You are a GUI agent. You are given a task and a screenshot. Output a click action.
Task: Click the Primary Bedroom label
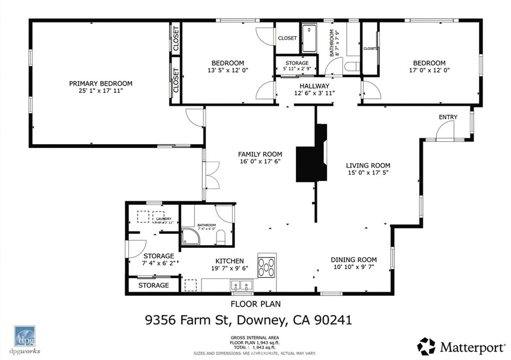tap(100, 83)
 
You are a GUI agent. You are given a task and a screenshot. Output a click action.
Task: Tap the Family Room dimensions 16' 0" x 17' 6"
tap(259, 163)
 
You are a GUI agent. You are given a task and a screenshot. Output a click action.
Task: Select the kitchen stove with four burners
tap(267, 265)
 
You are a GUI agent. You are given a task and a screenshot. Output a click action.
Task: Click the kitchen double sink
tap(242, 286)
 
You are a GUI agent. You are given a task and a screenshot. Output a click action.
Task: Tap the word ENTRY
tap(448, 117)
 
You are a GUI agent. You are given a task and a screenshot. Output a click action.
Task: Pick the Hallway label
tap(314, 86)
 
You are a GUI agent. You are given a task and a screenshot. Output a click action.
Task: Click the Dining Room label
tap(354, 260)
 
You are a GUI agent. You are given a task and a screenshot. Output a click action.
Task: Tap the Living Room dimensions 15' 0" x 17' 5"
tap(369, 173)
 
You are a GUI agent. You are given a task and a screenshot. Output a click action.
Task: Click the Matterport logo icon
tap(426, 346)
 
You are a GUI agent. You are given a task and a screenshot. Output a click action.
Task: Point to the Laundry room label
tap(164, 219)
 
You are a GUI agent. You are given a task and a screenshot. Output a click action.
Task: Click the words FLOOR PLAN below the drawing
tap(255, 303)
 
